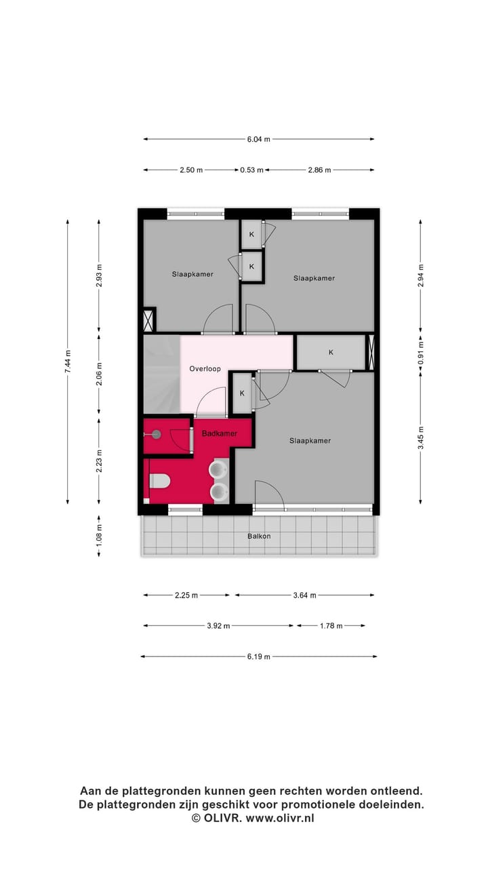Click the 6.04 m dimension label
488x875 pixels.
coord(258,139)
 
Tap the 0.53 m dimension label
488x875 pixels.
coord(251,170)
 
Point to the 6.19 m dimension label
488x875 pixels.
coord(258,657)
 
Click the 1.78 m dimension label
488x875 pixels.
coord(331,626)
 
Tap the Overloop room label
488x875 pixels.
coord(205,369)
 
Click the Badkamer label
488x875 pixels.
coord(220,433)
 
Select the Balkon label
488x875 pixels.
coord(259,536)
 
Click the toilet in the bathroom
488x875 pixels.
coord(159,481)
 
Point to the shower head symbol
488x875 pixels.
coord(156,434)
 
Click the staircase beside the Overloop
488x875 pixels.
coord(161,374)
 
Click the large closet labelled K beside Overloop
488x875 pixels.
coord(331,352)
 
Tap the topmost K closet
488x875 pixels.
coord(251,235)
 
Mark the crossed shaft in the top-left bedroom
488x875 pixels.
coord(148,319)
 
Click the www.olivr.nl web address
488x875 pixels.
coord(280,818)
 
